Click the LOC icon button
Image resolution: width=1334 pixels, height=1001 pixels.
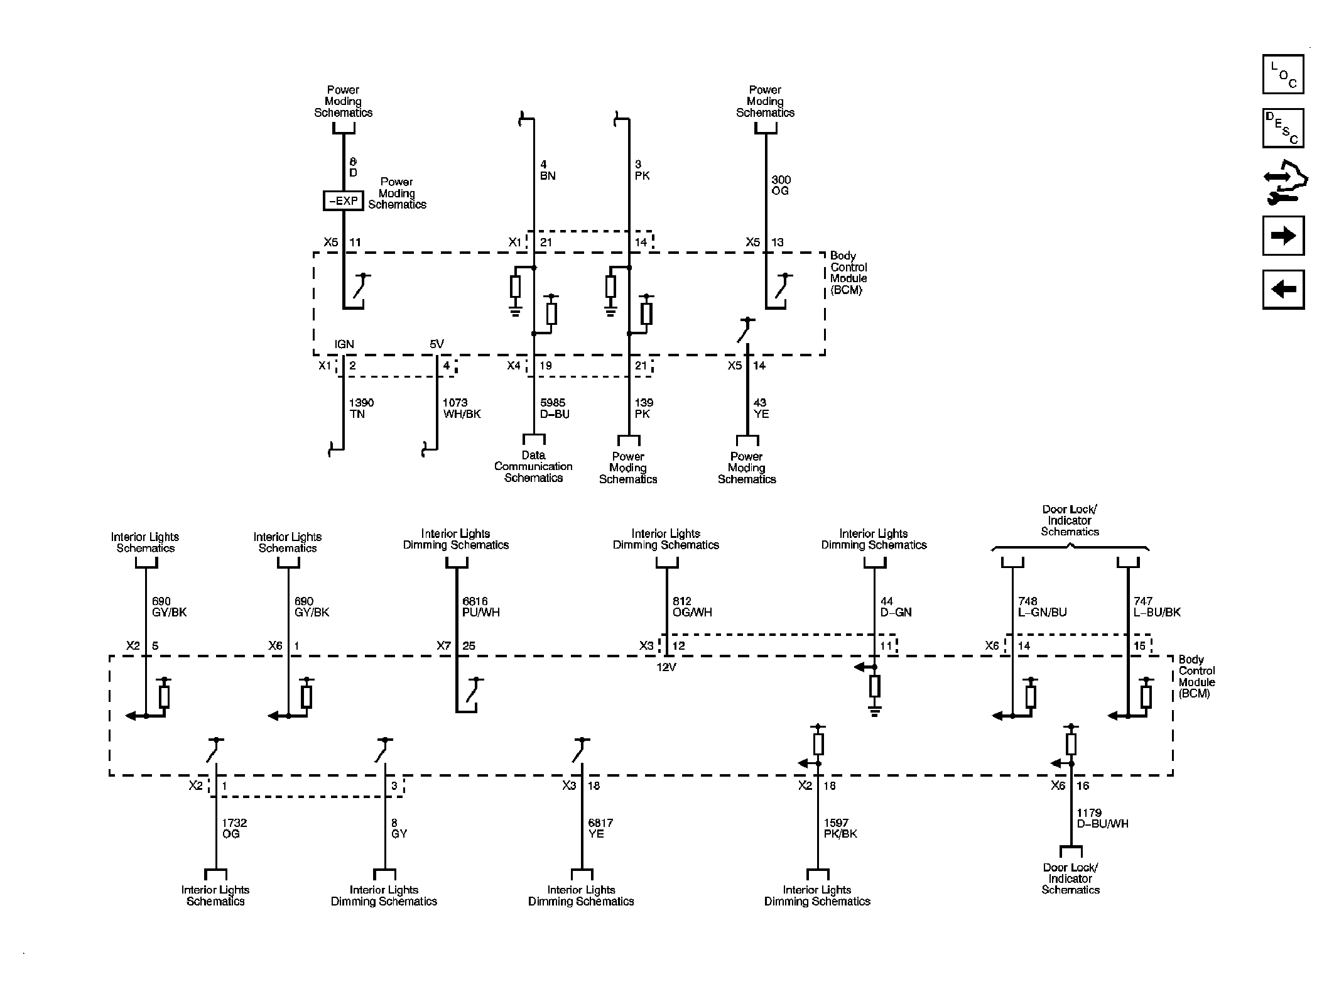coord(1282,74)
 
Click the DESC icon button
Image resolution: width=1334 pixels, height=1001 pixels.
coord(1282,128)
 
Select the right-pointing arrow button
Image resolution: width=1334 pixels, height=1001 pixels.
coord(1282,236)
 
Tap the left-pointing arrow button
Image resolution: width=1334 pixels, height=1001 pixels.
coord(1282,289)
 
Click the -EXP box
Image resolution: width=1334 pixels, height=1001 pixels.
coord(344,201)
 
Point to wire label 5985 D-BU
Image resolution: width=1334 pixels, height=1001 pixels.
coord(555,408)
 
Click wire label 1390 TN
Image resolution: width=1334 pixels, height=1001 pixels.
coord(362,408)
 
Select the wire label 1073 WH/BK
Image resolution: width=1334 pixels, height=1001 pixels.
coord(462,408)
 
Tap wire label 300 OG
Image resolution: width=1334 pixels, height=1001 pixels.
coord(781,185)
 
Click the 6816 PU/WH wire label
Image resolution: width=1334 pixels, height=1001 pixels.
coord(481,607)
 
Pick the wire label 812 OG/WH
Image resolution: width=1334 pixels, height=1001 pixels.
coord(691,607)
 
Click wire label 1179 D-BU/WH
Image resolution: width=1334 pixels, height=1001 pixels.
coord(1102,818)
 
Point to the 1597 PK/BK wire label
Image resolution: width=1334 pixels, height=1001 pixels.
coord(840,828)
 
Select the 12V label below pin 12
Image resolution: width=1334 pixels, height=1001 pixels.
coord(666,667)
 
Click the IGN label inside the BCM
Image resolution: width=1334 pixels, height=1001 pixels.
coord(344,344)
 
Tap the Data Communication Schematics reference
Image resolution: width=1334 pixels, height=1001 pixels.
coord(533,466)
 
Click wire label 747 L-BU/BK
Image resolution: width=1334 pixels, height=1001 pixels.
coord(1157,607)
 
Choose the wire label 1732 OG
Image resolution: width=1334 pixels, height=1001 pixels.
coord(234,828)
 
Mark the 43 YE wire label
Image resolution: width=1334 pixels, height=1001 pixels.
coord(761,408)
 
